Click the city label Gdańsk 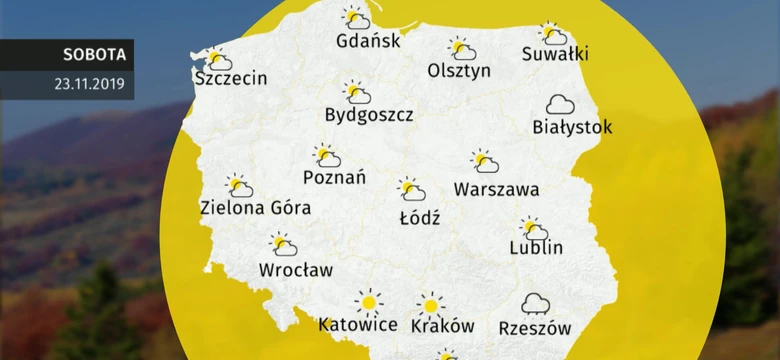(368, 41)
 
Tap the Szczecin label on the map (232, 78)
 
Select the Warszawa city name (496, 189)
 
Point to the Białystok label (572, 127)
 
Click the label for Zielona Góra (255, 208)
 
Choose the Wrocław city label (296, 269)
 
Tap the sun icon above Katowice (369, 301)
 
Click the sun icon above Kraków (430, 304)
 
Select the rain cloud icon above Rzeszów (535, 304)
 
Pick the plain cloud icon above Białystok (560, 104)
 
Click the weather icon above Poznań (326, 156)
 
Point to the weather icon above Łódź (410, 189)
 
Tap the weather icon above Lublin (534, 229)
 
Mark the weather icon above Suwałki (553, 34)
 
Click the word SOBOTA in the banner (93, 54)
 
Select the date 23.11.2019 (90, 84)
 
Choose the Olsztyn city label (459, 71)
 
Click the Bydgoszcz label (369, 115)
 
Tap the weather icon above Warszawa (485, 161)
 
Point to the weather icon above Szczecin (217, 59)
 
